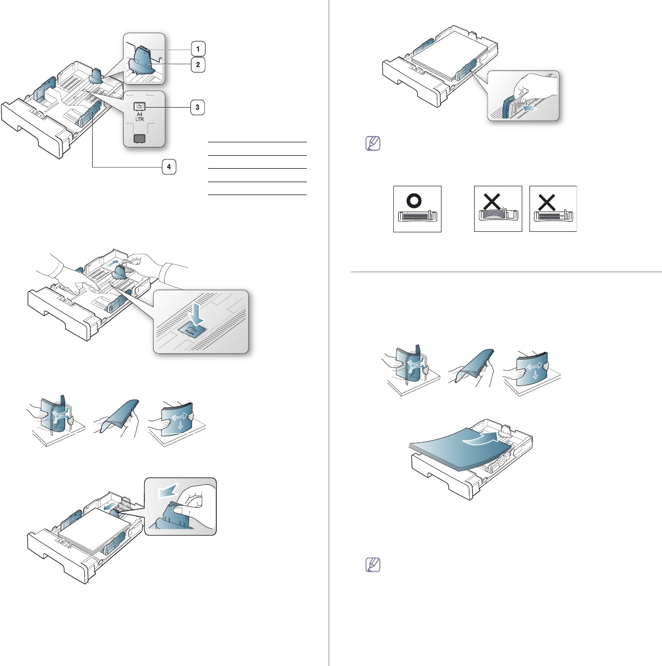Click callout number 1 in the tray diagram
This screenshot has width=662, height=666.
[x=197, y=49]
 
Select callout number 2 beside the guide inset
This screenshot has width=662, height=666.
[x=197, y=65]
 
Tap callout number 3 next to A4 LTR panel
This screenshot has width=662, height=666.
[x=197, y=108]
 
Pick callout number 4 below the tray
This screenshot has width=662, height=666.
[x=168, y=167]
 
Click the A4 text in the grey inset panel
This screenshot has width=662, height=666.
[x=140, y=114]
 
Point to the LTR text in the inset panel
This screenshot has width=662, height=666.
[x=140, y=120]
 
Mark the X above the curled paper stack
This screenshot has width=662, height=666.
[x=492, y=201]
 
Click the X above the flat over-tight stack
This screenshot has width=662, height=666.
[x=547, y=201]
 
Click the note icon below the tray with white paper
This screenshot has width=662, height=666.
[x=373, y=143]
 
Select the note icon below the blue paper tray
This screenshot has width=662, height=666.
[x=373, y=565]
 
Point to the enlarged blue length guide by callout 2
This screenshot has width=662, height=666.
[x=142, y=63]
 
